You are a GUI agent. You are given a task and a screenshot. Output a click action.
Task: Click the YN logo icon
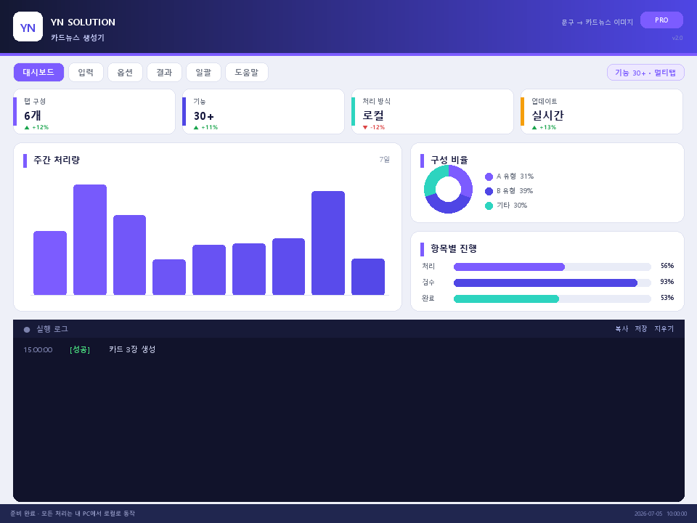28,27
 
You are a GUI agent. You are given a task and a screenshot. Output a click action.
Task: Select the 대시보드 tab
38,72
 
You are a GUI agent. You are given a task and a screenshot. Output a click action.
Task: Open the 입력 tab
86,72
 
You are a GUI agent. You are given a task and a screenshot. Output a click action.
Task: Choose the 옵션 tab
125,72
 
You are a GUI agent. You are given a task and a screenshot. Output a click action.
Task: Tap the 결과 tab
164,72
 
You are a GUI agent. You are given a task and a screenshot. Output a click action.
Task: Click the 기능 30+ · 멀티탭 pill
645,73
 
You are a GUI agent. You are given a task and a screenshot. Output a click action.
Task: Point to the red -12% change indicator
374,127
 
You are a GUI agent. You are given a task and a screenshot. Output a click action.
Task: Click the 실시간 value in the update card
547,115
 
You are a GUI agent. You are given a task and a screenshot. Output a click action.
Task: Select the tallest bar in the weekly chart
90,239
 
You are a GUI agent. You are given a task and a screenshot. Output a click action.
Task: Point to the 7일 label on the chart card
385,159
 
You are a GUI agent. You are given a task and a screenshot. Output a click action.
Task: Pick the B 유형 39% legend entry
509,191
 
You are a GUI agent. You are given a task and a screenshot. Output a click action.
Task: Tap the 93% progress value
667,282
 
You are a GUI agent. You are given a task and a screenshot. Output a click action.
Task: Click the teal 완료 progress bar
506,299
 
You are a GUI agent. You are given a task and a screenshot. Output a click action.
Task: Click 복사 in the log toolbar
621,328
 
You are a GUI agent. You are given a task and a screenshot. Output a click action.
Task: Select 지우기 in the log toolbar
664,328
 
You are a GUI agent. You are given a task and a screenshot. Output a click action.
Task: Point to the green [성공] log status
80,349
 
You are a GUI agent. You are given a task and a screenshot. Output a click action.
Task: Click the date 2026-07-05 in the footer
648,514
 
